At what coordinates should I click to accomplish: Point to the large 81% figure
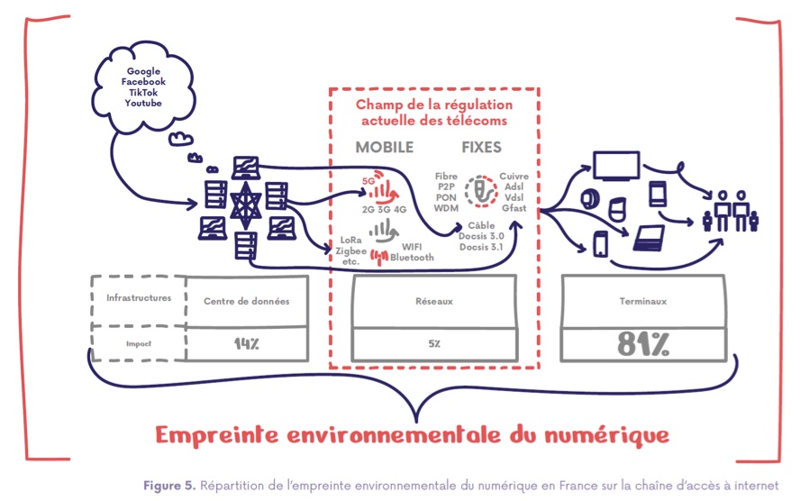click(x=643, y=343)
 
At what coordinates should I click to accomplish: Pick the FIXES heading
click(x=481, y=147)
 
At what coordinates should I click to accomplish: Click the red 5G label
click(x=367, y=179)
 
